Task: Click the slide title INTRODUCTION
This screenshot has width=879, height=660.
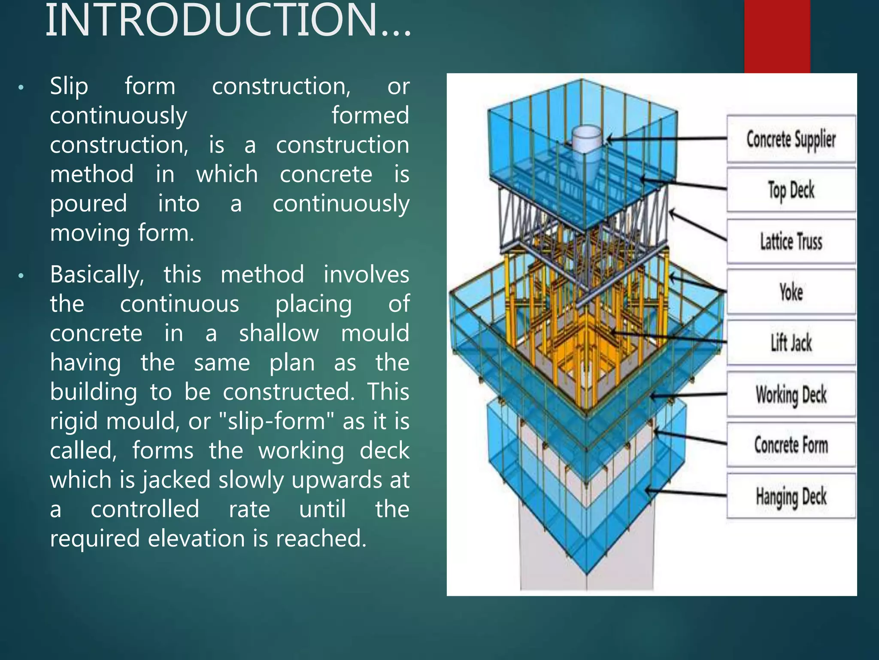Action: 227,21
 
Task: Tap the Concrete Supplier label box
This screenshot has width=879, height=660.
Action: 791,139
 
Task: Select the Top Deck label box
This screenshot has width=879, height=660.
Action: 791,190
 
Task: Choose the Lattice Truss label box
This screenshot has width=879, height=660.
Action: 791,241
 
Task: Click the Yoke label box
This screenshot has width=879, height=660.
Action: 791,292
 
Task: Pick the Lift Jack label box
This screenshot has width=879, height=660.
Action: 791,343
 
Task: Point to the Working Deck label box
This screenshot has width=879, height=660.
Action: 791,394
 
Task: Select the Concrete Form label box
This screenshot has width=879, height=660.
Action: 791,445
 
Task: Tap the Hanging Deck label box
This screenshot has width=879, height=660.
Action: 791,496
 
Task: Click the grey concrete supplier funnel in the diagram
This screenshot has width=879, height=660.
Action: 587,142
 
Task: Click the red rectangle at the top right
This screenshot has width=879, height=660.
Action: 777,37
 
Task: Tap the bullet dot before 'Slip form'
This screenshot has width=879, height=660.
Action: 21,88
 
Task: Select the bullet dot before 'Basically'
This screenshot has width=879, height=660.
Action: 21,276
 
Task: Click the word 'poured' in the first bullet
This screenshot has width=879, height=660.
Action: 88,203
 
